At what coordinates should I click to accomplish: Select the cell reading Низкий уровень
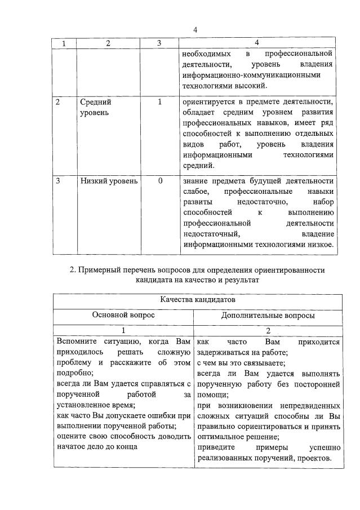(x=108, y=181)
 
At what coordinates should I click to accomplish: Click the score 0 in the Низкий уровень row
(x=160, y=181)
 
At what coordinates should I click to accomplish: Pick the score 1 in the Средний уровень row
(x=160, y=103)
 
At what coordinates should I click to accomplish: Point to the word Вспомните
(x=77, y=341)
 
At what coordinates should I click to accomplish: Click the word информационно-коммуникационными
(x=251, y=74)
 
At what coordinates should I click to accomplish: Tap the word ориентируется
(x=210, y=103)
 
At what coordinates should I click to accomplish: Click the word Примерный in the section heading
(x=103, y=270)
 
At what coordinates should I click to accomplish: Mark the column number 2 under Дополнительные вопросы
(x=268, y=331)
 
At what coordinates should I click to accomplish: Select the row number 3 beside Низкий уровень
(x=59, y=181)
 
